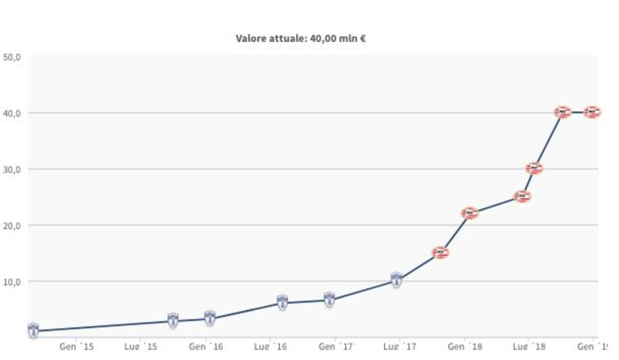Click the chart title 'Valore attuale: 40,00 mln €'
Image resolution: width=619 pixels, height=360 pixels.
pyautogui.click(x=300, y=38)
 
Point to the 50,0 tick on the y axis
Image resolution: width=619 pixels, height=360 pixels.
pyautogui.click(x=12, y=57)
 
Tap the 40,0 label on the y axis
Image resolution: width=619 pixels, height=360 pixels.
pyautogui.click(x=12, y=113)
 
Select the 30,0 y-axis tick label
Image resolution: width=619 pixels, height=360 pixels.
pyautogui.click(x=12, y=170)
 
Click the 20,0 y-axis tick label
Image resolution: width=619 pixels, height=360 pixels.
pyautogui.click(x=12, y=226)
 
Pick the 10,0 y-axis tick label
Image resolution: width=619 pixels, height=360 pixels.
pyautogui.click(x=12, y=282)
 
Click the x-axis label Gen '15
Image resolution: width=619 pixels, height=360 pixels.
pyautogui.click(x=77, y=346)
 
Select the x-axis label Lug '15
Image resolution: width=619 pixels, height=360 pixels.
pyautogui.click(x=140, y=346)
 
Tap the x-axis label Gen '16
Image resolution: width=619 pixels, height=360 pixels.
pyautogui.click(x=206, y=346)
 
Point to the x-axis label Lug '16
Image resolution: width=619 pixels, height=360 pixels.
pyautogui.click(x=270, y=346)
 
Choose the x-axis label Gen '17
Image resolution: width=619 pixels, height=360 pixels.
pyautogui.click(x=336, y=346)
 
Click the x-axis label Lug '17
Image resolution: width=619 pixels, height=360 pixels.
pyautogui.click(x=400, y=346)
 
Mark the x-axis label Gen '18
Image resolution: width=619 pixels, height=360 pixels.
pyautogui.click(x=465, y=346)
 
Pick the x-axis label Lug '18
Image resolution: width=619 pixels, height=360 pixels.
pyautogui.click(x=529, y=346)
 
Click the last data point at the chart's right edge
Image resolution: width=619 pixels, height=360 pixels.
pyautogui.click(x=592, y=112)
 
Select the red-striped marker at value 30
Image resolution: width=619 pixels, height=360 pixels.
pyautogui.click(x=534, y=169)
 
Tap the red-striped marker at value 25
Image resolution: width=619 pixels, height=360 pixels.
pyautogui.click(x=522, y=196)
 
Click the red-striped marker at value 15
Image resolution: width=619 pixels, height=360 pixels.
pyautogui.click(x=441, y=252)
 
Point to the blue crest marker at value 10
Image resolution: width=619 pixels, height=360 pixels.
pyautogui.click(x=396, y=280)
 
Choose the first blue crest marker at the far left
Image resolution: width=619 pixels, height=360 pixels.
pyautogui.click(x=33, y=330)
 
